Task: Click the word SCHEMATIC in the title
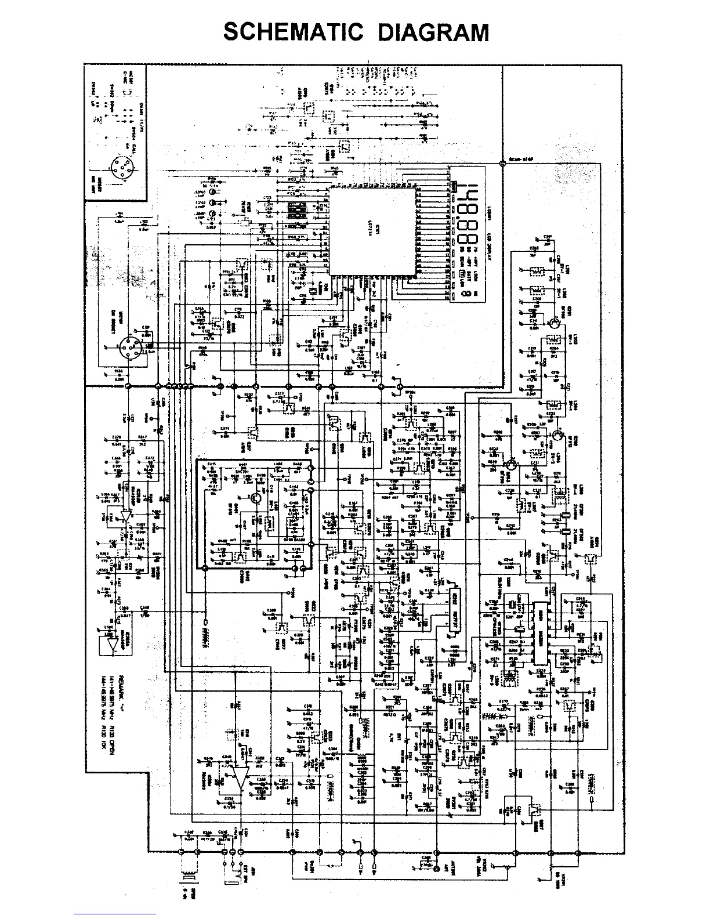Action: [x=293, y=32]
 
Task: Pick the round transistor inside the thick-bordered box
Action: [x=256, y=498]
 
